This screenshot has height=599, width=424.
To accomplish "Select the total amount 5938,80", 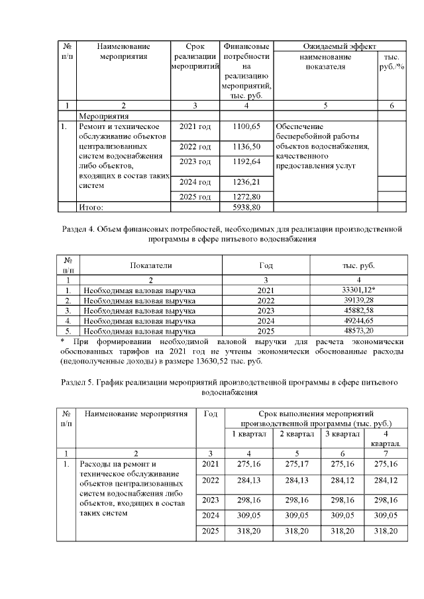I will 246,207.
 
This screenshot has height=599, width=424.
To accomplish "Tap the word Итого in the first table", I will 91,207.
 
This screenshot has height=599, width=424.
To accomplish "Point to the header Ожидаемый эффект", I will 339,46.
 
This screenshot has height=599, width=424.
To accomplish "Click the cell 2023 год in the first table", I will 195,161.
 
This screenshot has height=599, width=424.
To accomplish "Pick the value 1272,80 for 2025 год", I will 246,197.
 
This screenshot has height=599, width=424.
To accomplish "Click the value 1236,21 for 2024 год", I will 246,181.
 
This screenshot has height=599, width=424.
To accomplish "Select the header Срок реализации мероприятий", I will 195,57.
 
